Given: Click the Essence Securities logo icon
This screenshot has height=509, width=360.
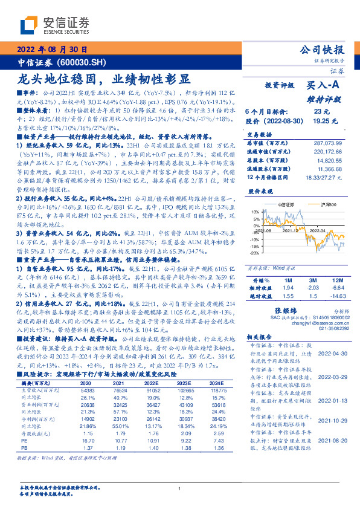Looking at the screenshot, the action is point(30,25).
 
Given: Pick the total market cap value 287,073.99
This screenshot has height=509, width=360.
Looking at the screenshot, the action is point(328,143).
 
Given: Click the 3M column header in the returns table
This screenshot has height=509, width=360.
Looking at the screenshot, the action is point(312,281).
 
